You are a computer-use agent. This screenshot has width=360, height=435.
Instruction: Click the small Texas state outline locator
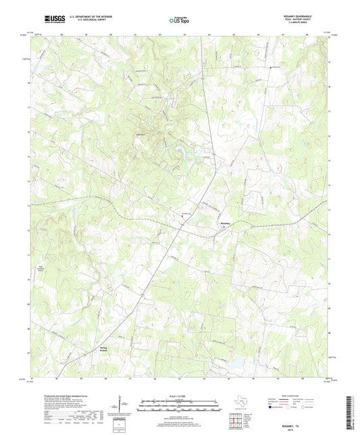[240, 405]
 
